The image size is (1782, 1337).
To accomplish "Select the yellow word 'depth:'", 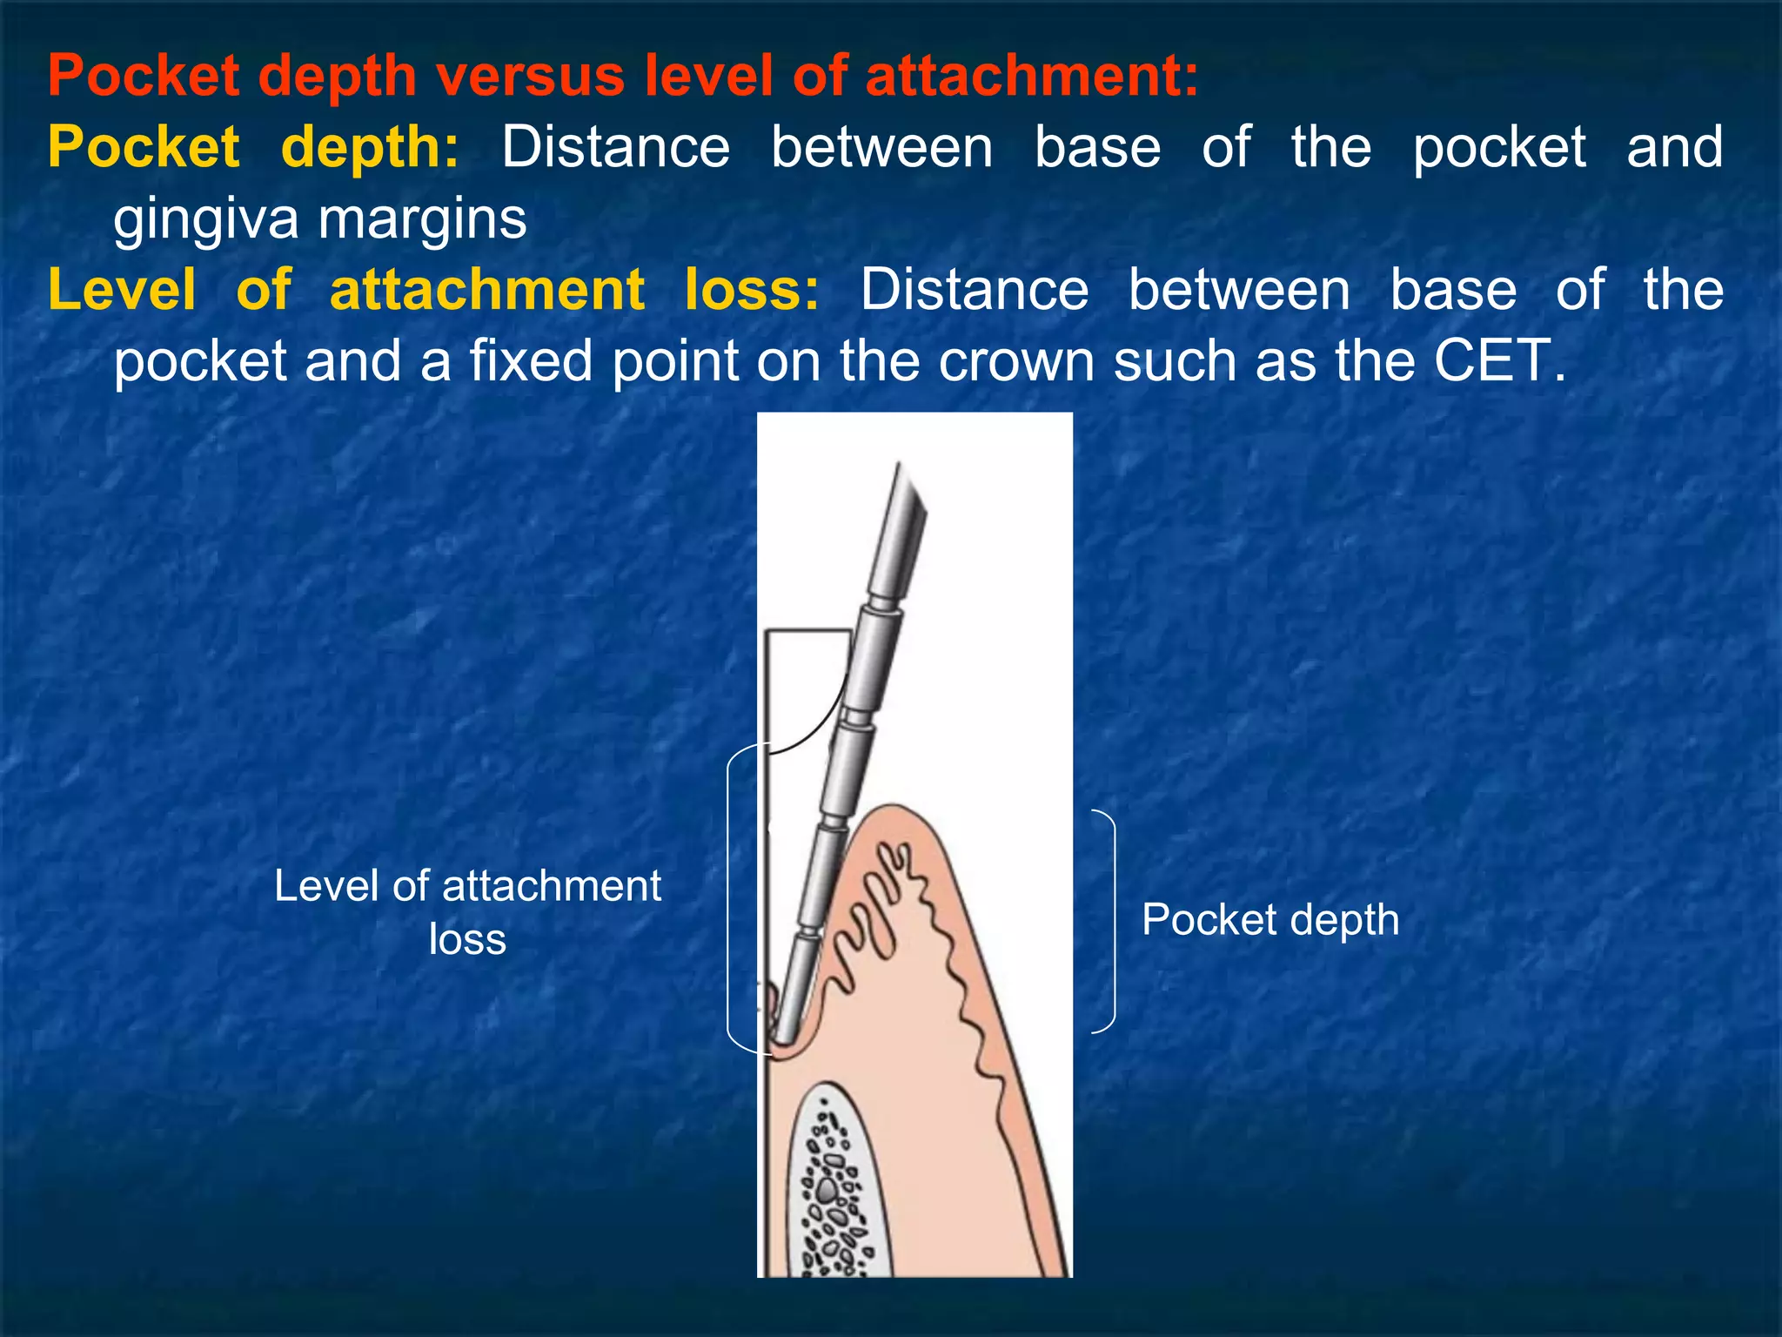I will [x=370, y=148].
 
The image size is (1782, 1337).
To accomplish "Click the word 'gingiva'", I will [x=206, y=219].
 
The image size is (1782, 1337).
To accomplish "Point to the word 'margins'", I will [x=423, y=219].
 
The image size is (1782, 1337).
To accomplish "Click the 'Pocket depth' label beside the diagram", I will [x=1270, y=920].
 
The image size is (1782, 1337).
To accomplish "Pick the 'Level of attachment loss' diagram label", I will [x=467, y=911].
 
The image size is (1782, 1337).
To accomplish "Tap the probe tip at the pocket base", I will [x=784, y=1034].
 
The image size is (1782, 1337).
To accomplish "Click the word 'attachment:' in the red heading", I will [x=1032, y=76].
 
